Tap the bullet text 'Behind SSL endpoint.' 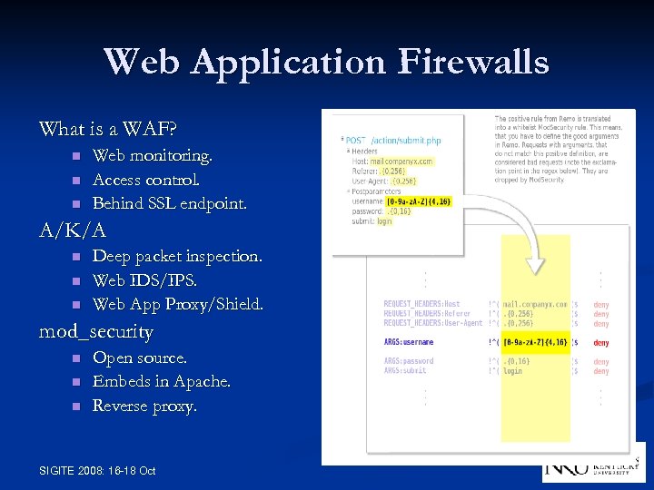(169, 203)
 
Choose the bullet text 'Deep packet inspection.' (177, 257)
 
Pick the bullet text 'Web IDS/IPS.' (141, 280)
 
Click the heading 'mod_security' (95, 331)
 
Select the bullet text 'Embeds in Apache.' (162, 382)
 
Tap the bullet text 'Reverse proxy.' (144, 406)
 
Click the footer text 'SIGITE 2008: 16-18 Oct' (98, 470)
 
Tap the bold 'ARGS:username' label (409, 343)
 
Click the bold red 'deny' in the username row (601, 343)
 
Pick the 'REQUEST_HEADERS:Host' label (422, 305)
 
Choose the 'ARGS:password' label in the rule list (409, 361)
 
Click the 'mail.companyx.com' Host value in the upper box (402, 162)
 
